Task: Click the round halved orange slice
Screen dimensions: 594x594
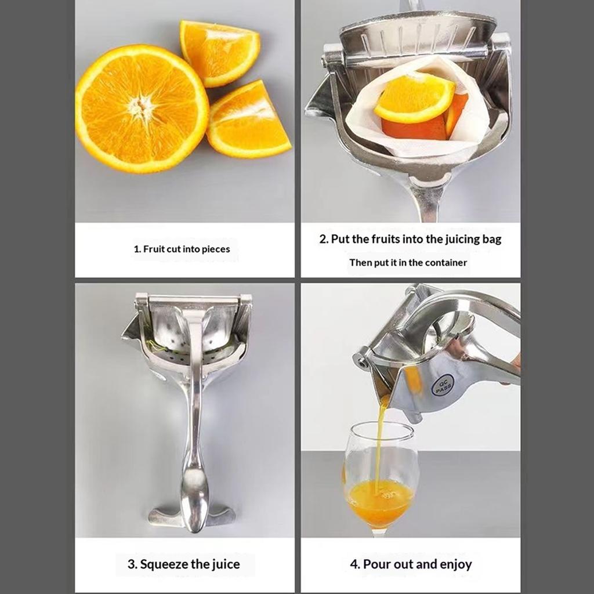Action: (x=142, y=108)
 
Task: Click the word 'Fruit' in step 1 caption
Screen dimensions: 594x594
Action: (x=155, y=249)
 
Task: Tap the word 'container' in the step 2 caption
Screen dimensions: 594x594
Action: (x=445, y=263)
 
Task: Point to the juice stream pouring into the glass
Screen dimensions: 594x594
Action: (x=380, y=441)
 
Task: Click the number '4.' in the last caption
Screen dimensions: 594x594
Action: (x=355, y=564)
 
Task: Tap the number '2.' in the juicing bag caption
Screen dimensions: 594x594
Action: (x=324, y=239)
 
